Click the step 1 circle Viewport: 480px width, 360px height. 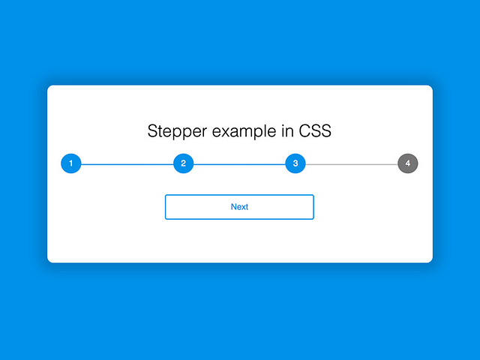[x=71, y=163]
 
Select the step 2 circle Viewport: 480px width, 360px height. [x=184, y=163]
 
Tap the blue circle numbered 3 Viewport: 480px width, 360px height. [x=295, y=163]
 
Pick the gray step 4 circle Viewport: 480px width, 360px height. [x=408, y=163]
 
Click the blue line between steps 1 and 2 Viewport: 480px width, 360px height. [x=127, y=163]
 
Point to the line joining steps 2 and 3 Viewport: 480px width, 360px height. [x=240, y=163]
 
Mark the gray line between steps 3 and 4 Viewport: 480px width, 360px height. [x=352, y=163]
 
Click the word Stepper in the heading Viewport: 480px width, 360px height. [x=178, y=131]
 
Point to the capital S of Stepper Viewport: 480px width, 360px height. [x=153, y=131]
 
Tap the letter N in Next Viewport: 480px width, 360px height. [x=233, y=207]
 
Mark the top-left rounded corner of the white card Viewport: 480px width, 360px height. [x=49, y=88]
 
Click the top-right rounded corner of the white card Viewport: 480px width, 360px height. [x=430, y=88]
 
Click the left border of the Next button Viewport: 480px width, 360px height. [x=166, y=207]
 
